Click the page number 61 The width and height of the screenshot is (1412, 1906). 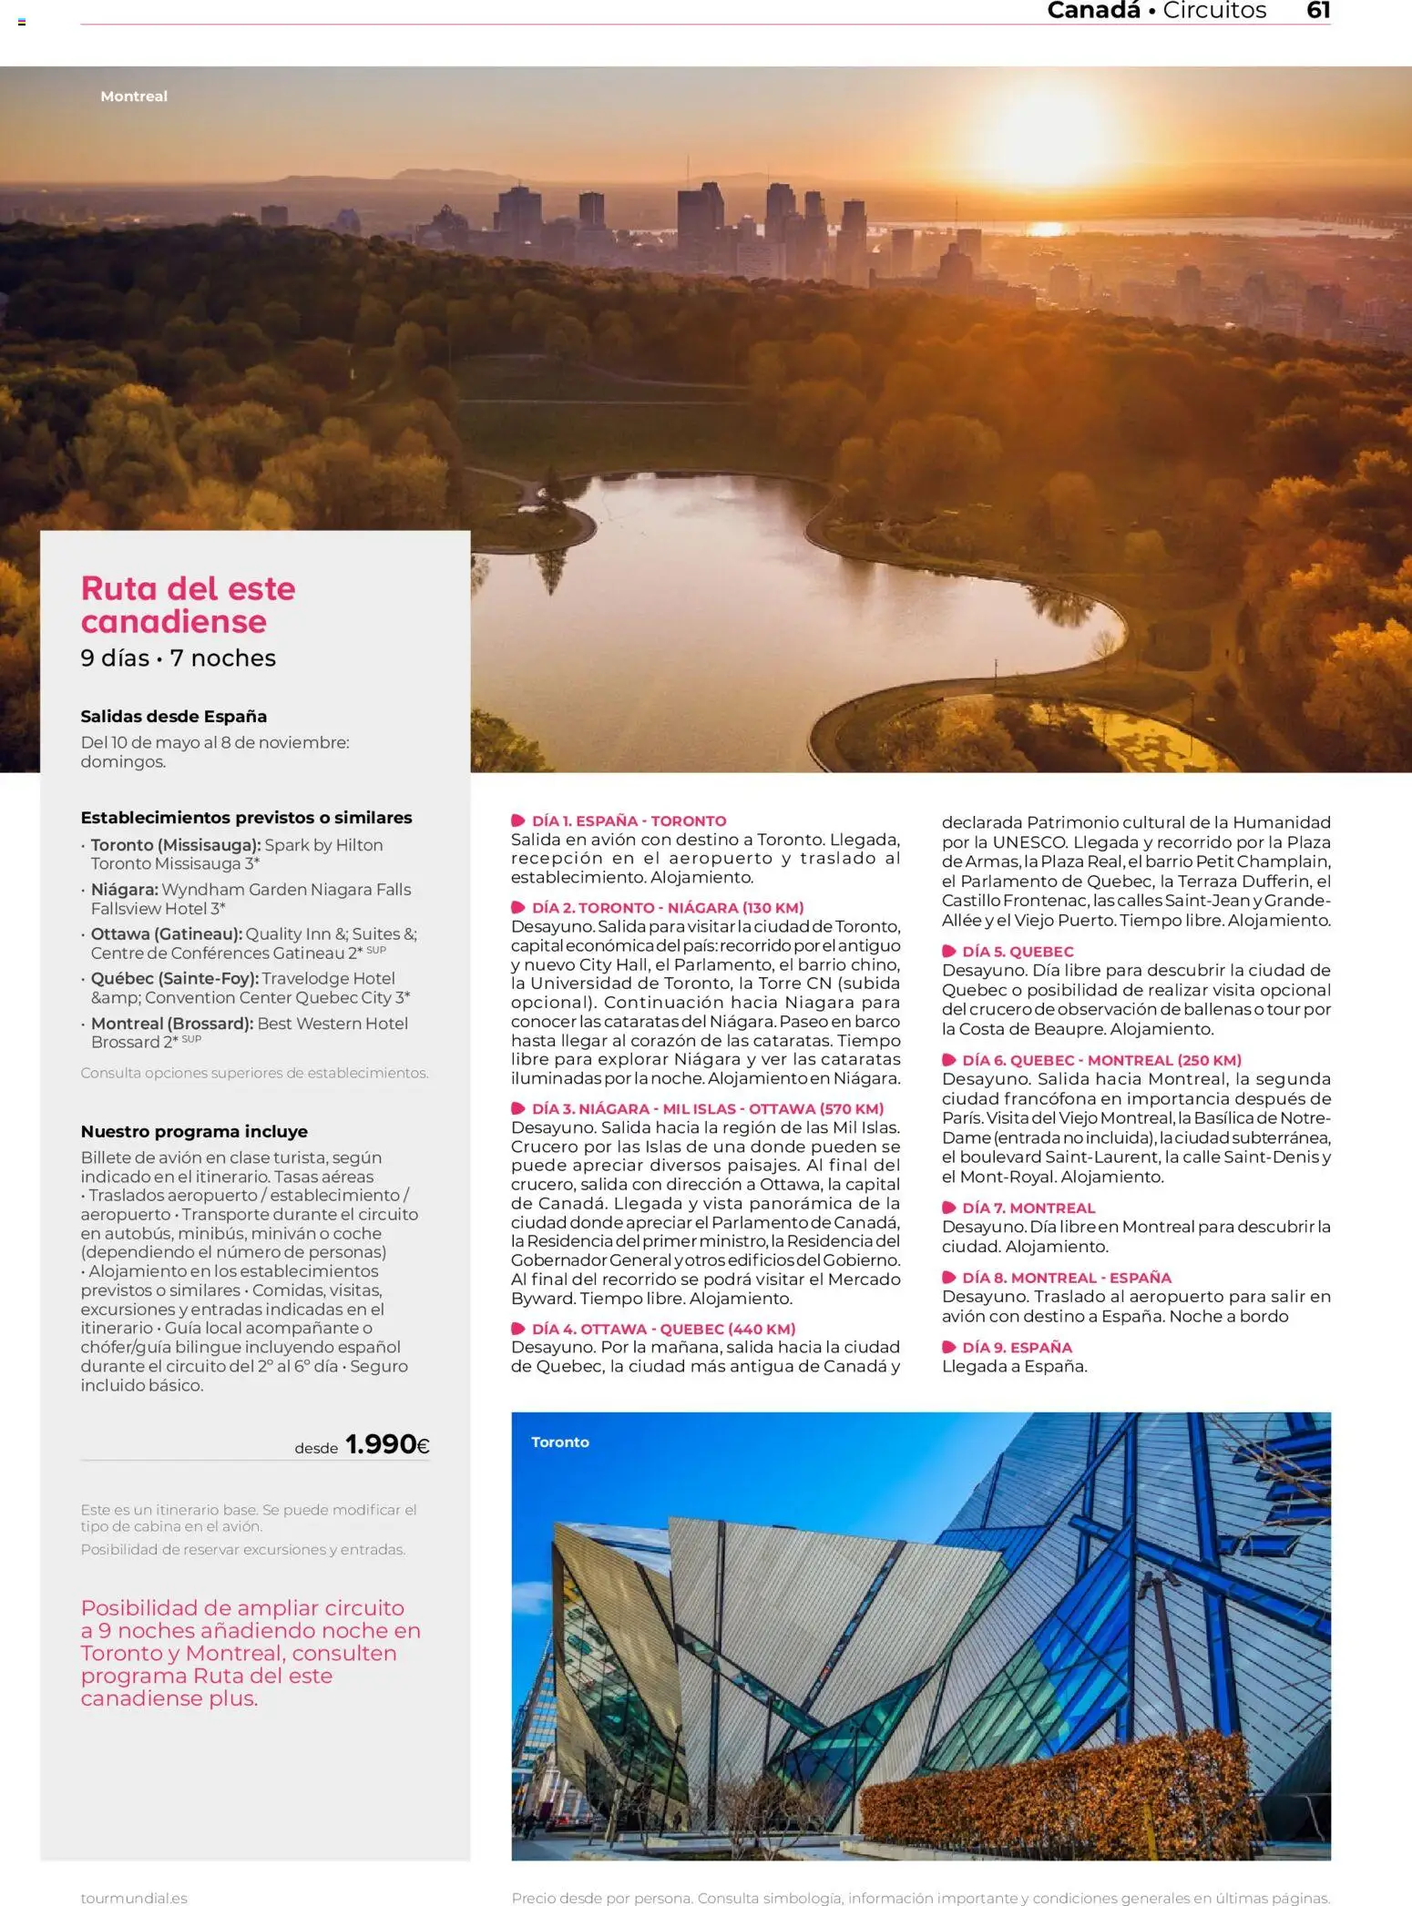coord(1317,11)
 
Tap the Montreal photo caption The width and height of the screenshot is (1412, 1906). coord(134,97)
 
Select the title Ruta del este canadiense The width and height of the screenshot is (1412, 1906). coord(188,605)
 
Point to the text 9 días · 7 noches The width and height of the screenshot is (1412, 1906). coord(178,658)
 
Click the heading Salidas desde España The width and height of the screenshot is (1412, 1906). coord(173,717)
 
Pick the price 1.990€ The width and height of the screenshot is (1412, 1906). coord(386,1444)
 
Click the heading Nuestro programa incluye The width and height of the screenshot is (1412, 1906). coord(194,1131)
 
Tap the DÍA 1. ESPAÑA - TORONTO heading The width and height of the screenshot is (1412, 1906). coord(629,820)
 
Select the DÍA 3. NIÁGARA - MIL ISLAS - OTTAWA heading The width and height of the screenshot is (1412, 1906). coord(708,1108)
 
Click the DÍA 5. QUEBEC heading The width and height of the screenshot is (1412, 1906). coord(1018,952)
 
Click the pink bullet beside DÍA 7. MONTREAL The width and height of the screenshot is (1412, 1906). coord(948,1208)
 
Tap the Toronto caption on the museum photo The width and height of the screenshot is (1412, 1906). coord(559,1442)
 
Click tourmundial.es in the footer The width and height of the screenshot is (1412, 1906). coord(134,1898)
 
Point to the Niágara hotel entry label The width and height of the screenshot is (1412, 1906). coord(124,890)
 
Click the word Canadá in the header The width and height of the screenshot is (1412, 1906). coord(1093,11)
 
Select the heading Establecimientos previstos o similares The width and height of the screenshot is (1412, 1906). coord(246,818)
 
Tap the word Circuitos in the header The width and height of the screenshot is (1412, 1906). coord(1213,11)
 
